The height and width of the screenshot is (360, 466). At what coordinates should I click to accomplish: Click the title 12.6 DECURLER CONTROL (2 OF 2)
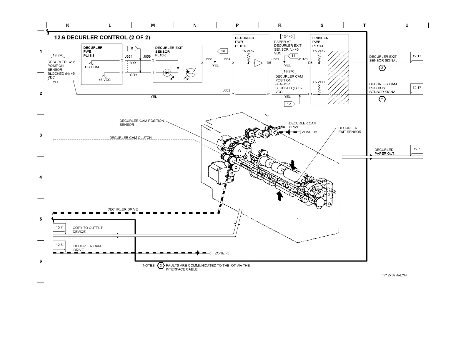[102, 38]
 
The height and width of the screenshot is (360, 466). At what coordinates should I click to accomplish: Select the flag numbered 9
[132, 48]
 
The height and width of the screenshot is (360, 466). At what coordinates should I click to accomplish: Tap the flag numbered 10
[223, 51]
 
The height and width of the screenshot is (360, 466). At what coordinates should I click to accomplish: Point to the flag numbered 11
[293, 56]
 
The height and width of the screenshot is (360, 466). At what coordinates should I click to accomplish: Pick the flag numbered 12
[289, 104]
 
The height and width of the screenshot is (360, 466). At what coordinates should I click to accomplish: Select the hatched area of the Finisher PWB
[338, 77]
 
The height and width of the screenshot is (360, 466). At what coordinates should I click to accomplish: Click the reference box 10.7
[59, 228]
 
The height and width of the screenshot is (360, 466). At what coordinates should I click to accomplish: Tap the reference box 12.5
[59, 245]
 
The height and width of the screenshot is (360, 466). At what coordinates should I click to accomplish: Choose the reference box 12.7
[417, 149]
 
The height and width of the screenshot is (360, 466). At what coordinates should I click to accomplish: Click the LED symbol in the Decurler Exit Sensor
[167, 72]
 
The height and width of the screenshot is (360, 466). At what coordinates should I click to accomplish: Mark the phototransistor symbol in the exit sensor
[191, 72]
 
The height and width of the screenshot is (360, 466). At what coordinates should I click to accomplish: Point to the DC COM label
[92, 67]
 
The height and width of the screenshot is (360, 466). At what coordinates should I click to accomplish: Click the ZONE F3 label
[222, 253]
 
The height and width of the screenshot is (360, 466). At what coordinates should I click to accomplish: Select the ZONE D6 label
[309, 132]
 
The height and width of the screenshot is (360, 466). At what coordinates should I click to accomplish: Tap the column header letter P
[237, 25]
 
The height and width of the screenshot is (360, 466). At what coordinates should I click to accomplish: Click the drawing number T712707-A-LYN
[394, 275]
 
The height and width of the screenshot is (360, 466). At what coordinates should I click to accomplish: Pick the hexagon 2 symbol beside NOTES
[161, 266]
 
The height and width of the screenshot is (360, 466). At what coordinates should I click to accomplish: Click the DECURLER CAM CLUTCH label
[130, 138]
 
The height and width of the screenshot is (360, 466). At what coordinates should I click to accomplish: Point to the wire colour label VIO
[133, 63]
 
